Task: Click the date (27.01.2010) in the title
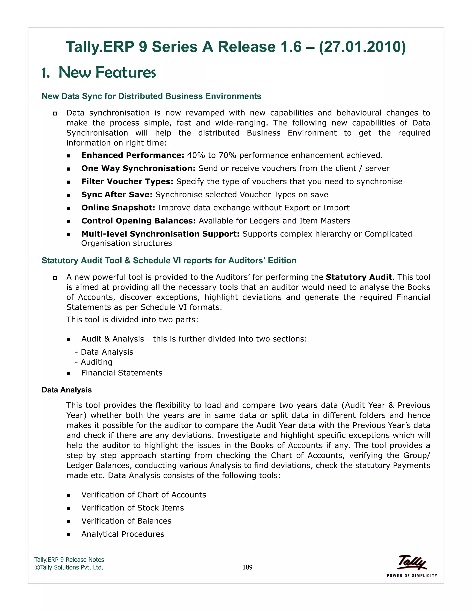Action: (x=362, y=47)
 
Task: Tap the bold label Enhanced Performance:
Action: (x=133, y=155)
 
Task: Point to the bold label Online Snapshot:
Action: (x=118, y=208)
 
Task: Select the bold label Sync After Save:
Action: (x=117, y=194)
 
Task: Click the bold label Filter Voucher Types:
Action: (x=127, y=181)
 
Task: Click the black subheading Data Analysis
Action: (x=67, y=390)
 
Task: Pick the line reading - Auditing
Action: (x=94, y=362)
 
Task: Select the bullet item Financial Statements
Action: (x=122, y=373)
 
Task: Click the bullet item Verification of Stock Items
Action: (x=133, y=508)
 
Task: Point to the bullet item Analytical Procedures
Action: (x=123, y=534)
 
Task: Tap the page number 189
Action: (x=247, y=567)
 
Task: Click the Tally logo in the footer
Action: (x=412, y=562)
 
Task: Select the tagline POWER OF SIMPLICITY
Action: (x=412, y=575)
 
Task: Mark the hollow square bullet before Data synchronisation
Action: (x=55, y=113)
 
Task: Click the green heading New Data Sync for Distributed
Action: (x=151, y=96)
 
